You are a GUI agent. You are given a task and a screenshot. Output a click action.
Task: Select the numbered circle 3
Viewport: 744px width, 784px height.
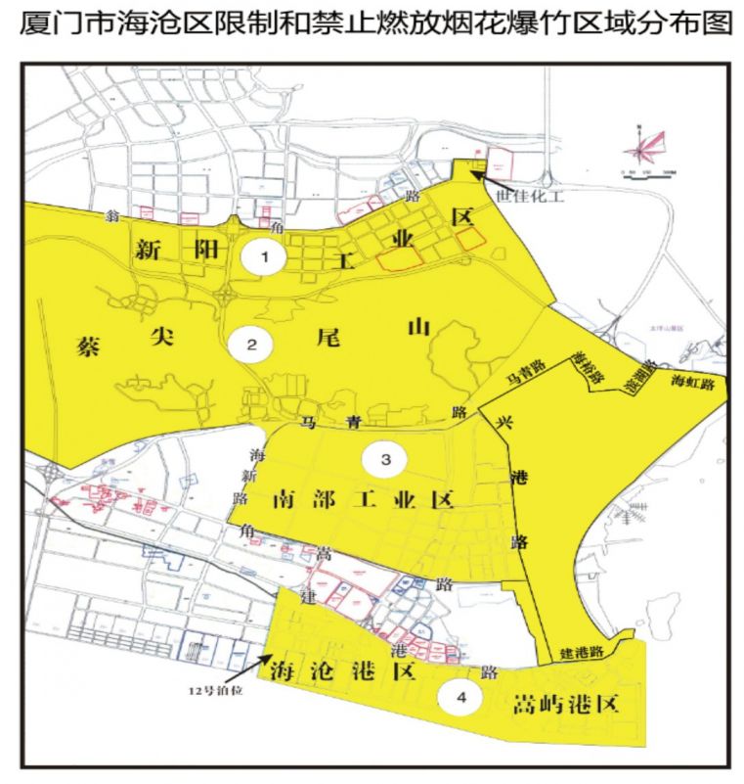[384, 458]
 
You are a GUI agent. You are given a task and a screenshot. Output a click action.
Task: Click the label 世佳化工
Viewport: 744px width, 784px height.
[527, 196]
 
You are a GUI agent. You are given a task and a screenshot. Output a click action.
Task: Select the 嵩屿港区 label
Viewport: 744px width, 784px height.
[568, 704]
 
